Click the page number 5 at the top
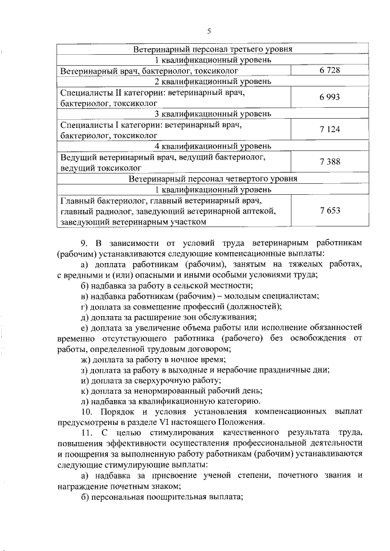tap(208, 32)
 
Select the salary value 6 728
tap(329, 71)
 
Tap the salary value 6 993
tap(329, 97)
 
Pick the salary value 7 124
tap(329, 129)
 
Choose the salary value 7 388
tap(329, 161)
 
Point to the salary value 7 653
tap(329, 210)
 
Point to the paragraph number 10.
tap(86, 413)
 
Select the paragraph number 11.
tap(86, 433)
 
